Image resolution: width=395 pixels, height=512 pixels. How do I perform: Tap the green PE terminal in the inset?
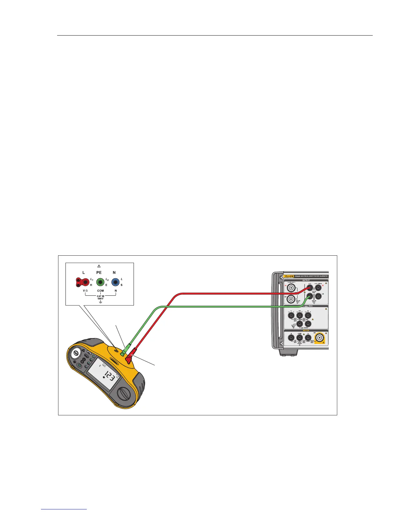(x=101, y=283)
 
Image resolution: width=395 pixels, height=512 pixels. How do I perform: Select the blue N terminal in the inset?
(x=115, y=283)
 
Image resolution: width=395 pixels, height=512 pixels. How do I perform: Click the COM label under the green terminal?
(x=100, y=291)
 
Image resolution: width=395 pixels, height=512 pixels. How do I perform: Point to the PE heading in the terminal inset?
(x=99, y=272)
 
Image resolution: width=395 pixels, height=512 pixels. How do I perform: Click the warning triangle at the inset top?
(x=99, y=266)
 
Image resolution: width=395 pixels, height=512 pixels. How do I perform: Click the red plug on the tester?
(x=131, y=358)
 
